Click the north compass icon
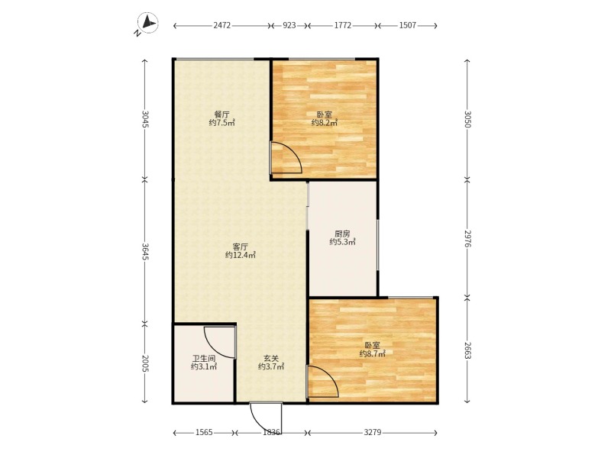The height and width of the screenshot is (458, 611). pos(147,24)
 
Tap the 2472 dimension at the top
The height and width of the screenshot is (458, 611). pos(222,26)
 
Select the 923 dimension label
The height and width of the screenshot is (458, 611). pos(289,26)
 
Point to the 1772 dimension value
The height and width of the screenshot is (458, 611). pos(342,26)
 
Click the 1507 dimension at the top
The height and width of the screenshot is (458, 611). pos(408,26)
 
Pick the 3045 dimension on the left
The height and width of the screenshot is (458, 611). pos(145,119)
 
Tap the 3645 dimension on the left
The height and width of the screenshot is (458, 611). pos(145,252)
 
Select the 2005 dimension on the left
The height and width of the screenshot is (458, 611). pos(145,363)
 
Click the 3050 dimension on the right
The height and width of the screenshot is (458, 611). pos(467,119)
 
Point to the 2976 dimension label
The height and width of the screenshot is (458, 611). pos(467,238)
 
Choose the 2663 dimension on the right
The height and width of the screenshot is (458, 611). pos(467,350)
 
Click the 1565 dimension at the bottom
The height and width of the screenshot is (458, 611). pos(204,432)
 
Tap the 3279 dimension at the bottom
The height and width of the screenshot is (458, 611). pos(373,432)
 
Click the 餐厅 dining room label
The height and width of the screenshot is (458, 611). pos(221,114)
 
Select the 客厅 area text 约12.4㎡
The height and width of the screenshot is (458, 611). pos(241,256)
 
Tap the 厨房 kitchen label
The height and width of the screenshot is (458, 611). pos(342,234)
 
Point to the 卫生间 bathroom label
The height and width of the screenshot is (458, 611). pos(204,358)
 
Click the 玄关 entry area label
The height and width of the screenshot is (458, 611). pos(271,358)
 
